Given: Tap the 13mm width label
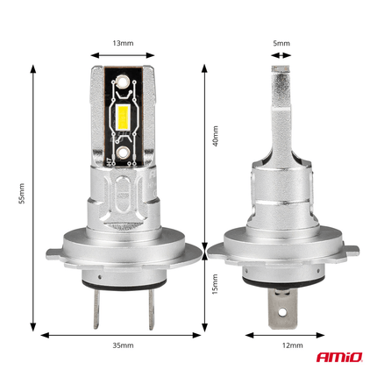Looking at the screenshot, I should point(123,41).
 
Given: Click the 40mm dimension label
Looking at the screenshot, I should point(216,136).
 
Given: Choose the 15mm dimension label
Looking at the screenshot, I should point(216,288).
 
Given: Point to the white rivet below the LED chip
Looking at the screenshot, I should point(123,152).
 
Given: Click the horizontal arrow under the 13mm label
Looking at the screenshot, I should point(123,54).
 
